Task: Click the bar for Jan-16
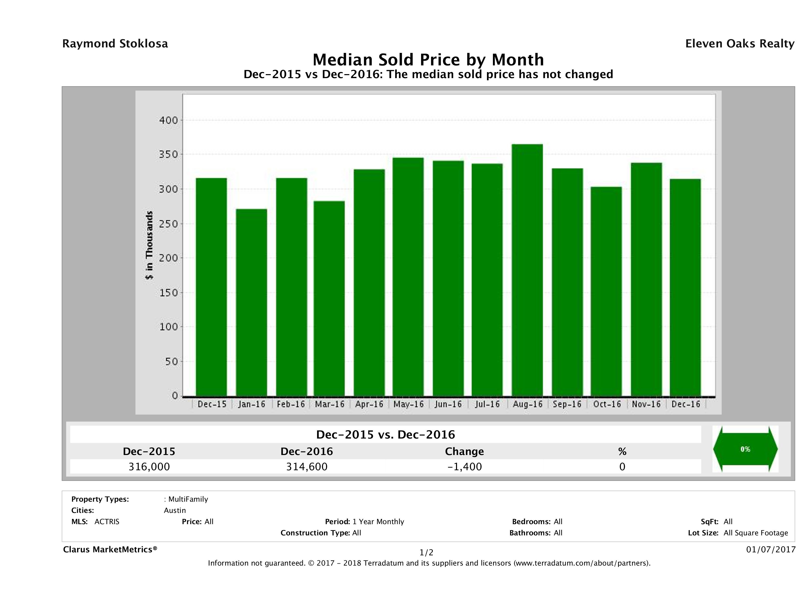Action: pyautogui.click(x=251, y=303)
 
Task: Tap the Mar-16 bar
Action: pyautogui.click(x=329, y=299)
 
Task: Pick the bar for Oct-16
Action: pyautogui.click(x=606, y=291)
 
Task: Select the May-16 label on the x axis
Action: pyautogui.click(x=409, y=404)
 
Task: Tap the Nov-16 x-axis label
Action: pyautogui.click(x=646, y=404)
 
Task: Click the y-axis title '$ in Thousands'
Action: pyautogui.click(x=149, y=245)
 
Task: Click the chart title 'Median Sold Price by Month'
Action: pyautogui.click(x=428, y=59)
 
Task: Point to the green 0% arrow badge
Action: pyautogui.click(x=745, y=449)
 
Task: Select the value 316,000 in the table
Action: pyautogui.click(x=149, y=467)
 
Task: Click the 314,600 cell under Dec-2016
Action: pyautogui.click(x=307, y=467)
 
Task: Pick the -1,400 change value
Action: pyautogui.click(x=464, y=467)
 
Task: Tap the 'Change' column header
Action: pyautogui.click(x=464, y=452)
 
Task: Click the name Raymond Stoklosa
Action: pyautogui.click(x=115, y=44)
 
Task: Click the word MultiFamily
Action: pyautogui.click(x=188, y=499)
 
